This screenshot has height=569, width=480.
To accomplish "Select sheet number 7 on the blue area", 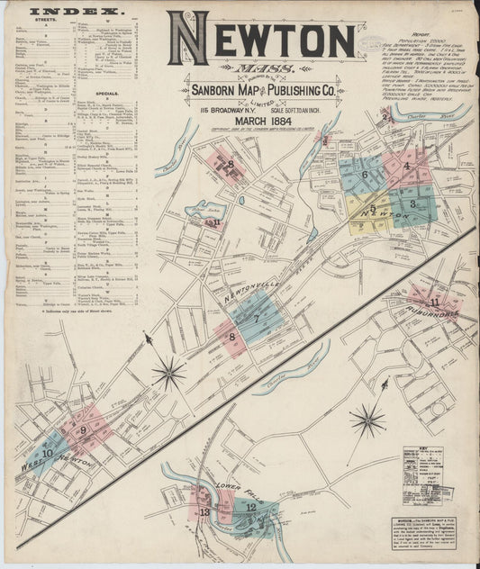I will click(x=257, y=318).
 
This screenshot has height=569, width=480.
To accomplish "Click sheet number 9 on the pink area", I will click(x=83, y=429).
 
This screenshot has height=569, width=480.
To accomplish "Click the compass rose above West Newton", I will click(x=168, y=372).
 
